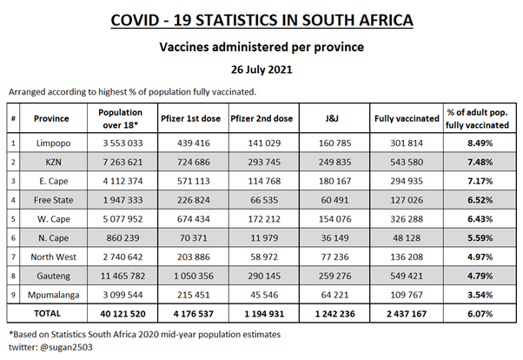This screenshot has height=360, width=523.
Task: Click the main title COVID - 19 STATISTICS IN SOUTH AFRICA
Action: pos(261,19)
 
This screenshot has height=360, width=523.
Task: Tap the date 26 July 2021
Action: pos(261,70)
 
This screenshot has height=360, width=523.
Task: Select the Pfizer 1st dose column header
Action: pos(188,118)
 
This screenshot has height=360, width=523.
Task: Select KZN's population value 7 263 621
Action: pos(121,162)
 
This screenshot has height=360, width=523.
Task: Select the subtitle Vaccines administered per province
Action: pos(261,46)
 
